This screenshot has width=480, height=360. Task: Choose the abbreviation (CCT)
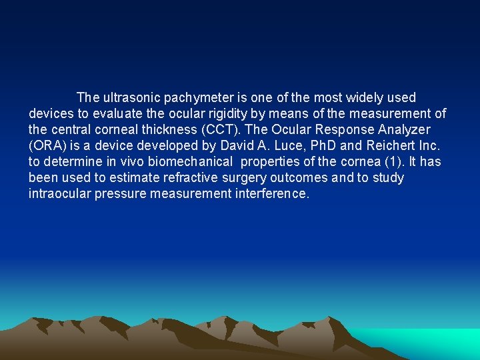[x=223, y=130]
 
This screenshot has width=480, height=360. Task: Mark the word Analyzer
[x=404, y=130]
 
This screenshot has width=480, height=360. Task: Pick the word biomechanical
[x=192, y=162]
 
